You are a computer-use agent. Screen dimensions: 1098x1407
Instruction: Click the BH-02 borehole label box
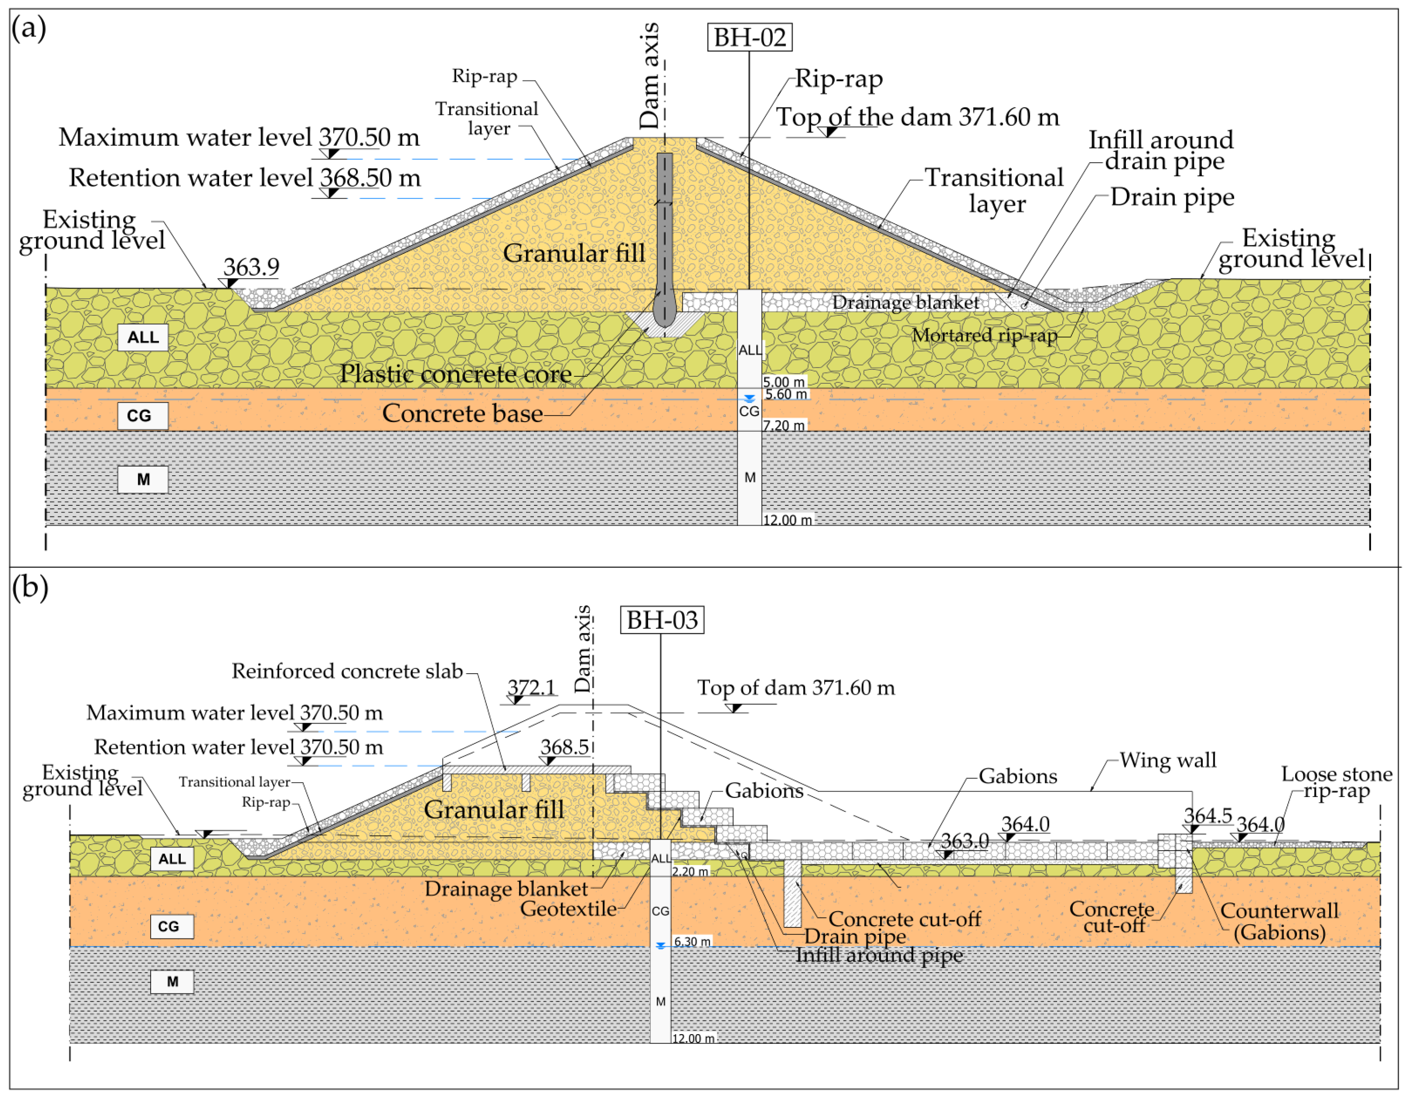click(749, 37)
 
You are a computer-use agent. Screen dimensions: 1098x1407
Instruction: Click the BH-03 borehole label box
click(661, 620)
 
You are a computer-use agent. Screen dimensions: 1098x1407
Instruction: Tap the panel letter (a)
click(29, 28)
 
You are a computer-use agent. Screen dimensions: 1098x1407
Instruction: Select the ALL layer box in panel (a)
click(142, 337)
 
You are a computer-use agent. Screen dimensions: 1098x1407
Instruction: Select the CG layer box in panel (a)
click(142, 416)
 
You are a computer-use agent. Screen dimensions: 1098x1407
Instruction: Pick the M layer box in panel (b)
click(172, 982)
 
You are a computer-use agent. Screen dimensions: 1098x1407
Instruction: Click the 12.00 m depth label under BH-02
click(787, 519)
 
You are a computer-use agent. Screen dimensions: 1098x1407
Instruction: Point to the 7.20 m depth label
click(784, 425)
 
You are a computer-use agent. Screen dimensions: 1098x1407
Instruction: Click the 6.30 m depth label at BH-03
click(692, 941)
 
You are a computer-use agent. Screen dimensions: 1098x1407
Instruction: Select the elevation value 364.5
click(1207, 816)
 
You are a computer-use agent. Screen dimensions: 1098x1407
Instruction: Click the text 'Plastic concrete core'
click(455, 374)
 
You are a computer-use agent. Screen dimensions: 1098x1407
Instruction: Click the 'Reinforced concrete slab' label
click(347, 671)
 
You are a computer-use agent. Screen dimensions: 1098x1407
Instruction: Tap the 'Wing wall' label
click(1168, 761)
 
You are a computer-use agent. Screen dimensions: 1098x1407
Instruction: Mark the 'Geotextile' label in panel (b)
click(568, 908)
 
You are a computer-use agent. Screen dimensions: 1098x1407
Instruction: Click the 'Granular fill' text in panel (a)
click(573, 253)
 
